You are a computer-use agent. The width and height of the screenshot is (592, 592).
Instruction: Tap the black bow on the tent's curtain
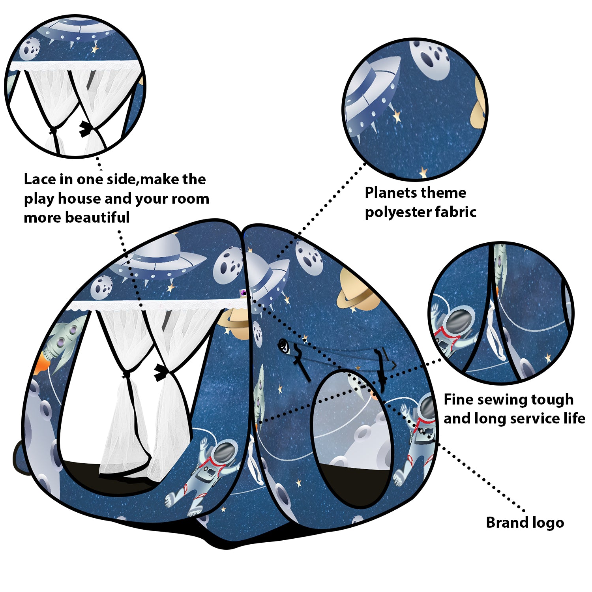click(x=161, y=372)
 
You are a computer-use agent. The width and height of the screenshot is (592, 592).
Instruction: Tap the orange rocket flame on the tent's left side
click(x=41, y=365)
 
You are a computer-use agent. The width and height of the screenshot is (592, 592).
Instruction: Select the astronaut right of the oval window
click(x=418, y=438)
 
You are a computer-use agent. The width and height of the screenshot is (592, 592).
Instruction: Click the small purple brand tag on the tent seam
click(x=243, y=292)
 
